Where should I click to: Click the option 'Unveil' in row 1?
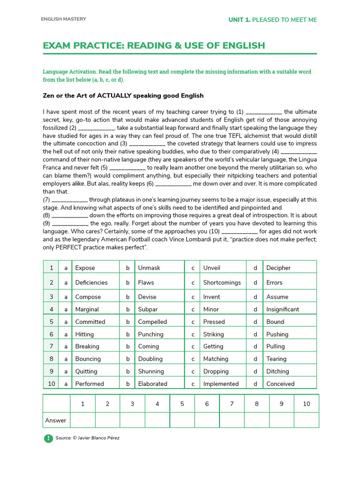click(x=211, y=268)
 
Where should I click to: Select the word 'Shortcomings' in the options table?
click(x=222, y=282)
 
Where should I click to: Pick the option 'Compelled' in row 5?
click(x=152, y=322)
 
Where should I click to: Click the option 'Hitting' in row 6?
click(x=84, y=334)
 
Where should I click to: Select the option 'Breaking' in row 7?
click(x=87, y=346)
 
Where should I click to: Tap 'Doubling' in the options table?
click(x=150, y=359)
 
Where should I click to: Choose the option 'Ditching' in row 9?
click(x=277, y=371)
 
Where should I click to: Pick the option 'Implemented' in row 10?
click(x=221, y=383)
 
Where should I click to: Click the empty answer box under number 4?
click(x=157, y=420)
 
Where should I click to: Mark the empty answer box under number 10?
click(x=306, y=420)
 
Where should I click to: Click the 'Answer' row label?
click(x=56, y=420)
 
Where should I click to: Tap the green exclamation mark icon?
click(x=48, y=438)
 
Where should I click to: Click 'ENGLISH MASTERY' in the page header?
click(x=63, y=19)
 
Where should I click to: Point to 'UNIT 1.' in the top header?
click(x=239, y=20)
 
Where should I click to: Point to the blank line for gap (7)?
click(x=70, y=200)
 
